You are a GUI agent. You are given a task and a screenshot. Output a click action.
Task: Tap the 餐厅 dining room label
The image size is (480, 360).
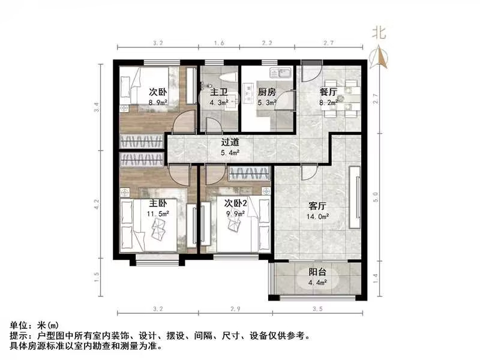click(328, 92)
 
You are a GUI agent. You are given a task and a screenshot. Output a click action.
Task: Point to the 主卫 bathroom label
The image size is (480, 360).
click(218, 92)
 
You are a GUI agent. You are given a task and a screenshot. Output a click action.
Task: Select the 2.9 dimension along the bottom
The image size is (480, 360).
click(236, 309)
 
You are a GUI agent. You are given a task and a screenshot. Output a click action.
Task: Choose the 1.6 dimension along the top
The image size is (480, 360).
click(218, 44)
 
